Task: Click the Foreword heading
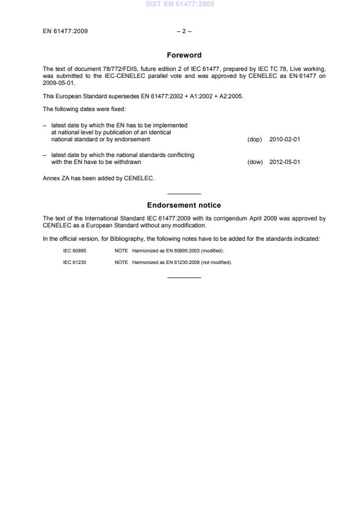pos(184,55)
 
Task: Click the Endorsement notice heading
pos(184,205)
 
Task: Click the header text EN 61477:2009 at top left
pos(66,31)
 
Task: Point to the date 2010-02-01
pos(285,140)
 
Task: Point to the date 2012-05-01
pos(285,162)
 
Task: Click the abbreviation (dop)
pos(255,140)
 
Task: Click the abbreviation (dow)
pos(255,162)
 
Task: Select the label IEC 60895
pos(74,251)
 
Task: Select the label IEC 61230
pos(74,262)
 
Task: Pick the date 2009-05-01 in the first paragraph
pos(59,83)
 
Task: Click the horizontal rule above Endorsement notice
pos(184,194)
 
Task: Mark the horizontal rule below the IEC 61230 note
pos(184,277)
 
